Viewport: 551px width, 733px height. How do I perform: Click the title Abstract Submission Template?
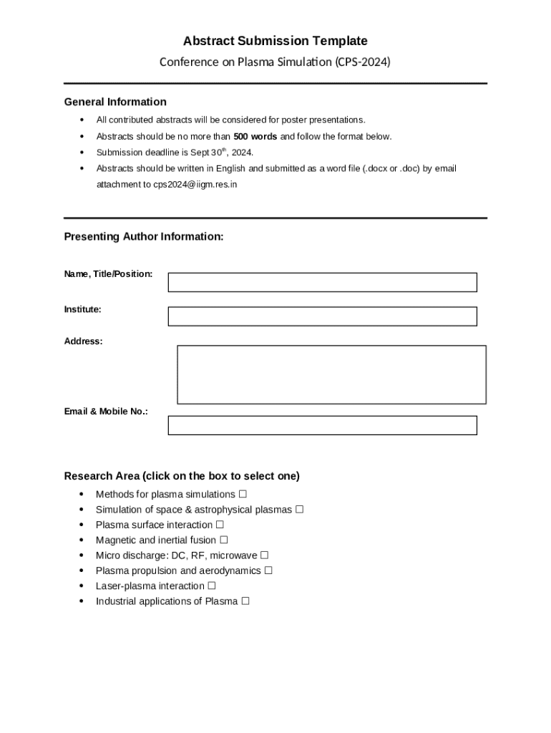(275, 41)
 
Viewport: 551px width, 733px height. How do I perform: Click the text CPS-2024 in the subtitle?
(362, 62)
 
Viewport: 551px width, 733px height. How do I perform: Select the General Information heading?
(115, 102)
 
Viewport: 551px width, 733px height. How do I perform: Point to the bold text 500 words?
(255, 136)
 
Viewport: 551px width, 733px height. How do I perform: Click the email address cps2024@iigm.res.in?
(195, 184)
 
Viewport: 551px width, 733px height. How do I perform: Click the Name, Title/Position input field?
(322, 282)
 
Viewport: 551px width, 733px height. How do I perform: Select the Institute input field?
(322, 316)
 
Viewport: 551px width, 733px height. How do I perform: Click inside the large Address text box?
(331, 374)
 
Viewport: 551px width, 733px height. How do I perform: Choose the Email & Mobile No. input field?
(322, 425)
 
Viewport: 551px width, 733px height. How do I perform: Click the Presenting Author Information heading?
(144, 236)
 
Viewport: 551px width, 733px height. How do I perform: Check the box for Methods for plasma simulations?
(243, 494)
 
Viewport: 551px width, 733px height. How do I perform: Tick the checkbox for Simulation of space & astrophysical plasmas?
(300, 510)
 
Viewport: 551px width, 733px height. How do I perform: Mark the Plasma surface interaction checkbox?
(220, 525)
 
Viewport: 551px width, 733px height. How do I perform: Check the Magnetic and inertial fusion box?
(224, 540)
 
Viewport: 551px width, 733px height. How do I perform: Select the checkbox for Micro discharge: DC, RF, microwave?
(265, 555)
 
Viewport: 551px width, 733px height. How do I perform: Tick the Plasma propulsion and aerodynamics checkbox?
(268, 571)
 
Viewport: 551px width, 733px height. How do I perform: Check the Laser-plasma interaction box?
(212, 586)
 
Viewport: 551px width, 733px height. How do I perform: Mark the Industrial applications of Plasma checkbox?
(245, 601)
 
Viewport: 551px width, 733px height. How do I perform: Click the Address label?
(84, 341)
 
